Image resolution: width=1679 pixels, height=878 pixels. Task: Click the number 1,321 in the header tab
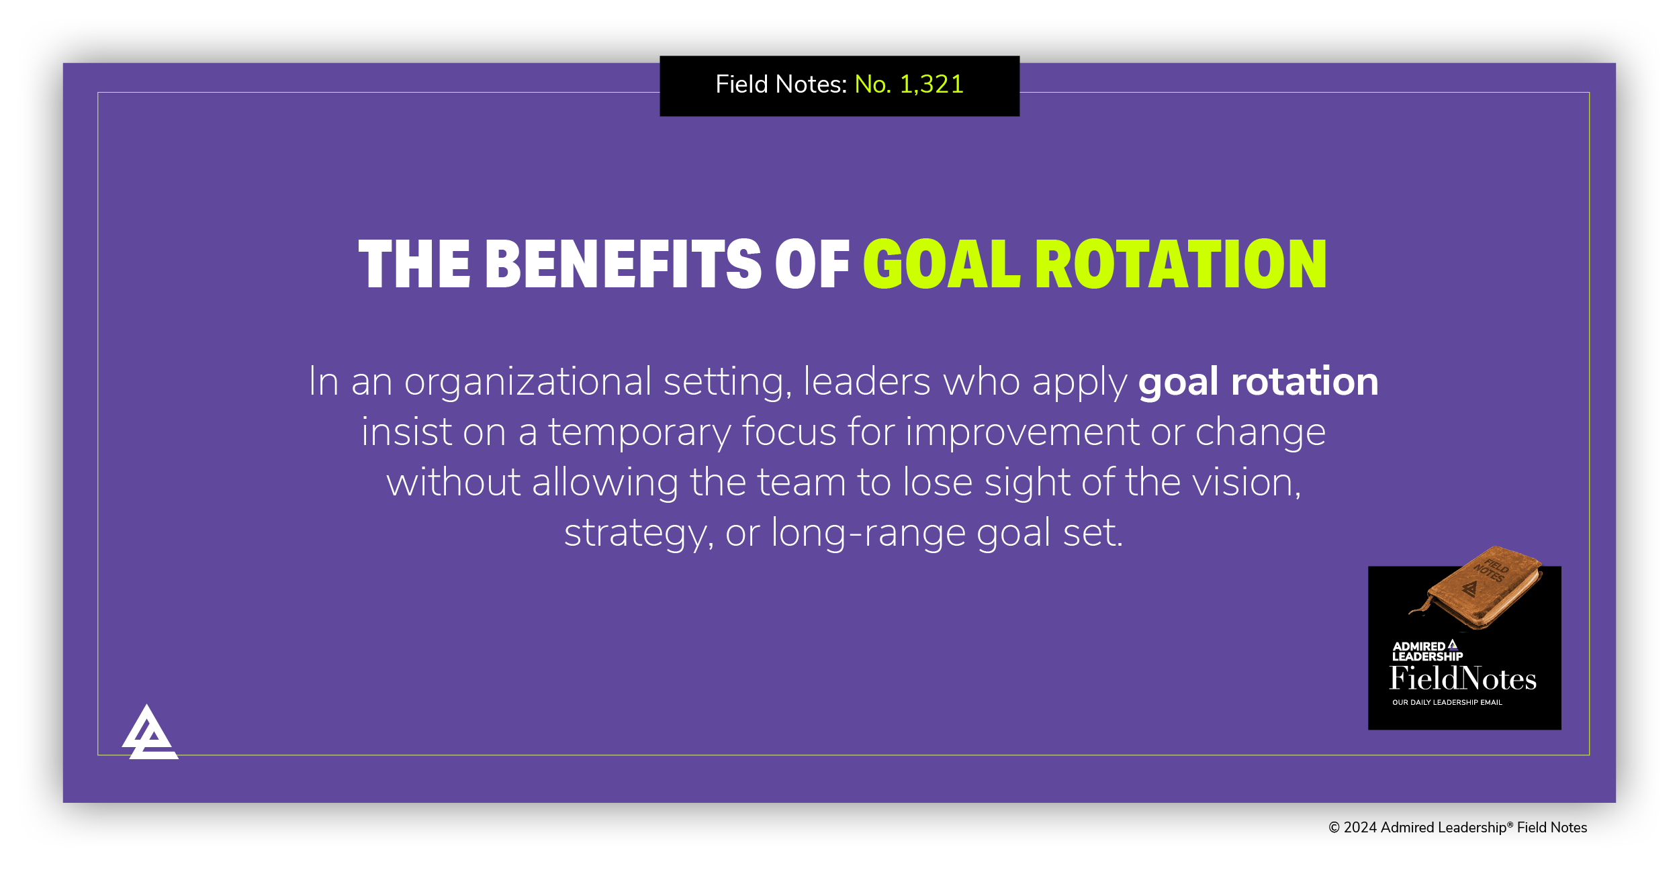(931, 85)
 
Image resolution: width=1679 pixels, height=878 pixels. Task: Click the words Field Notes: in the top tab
(781, 85)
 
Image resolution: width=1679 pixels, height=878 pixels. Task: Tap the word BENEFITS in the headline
(623, 264)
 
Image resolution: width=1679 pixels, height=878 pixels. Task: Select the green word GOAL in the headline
(942, 264)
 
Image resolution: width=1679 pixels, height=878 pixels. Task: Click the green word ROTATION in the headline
(1181, 264)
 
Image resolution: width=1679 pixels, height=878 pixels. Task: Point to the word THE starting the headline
(414, 264)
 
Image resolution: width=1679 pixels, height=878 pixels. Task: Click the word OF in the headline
(813, 264)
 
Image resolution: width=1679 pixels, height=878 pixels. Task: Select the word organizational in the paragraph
(527, 382)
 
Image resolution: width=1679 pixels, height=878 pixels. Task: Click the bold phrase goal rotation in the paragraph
(1258, 382)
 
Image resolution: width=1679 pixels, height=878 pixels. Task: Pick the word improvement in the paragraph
(1022, 432)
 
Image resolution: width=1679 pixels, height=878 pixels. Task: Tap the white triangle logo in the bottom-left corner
(149, 735)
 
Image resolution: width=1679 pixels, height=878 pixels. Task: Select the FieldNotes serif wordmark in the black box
(1463, 679)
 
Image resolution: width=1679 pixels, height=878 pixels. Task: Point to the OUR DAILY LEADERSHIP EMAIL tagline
(1447, 702)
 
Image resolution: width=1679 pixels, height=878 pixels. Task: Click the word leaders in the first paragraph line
(866, 382)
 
